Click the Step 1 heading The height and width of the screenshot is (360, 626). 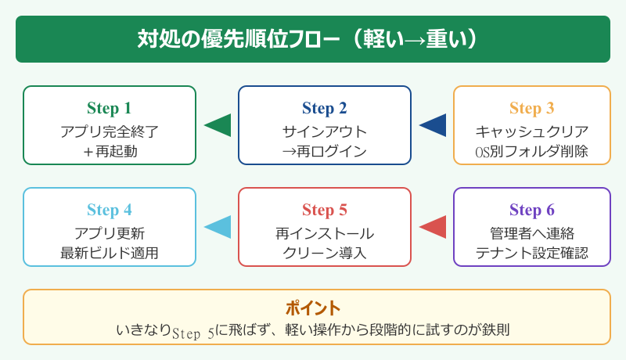point(110,108)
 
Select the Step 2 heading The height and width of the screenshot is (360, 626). point(325,108)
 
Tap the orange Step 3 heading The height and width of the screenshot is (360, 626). point(532,108)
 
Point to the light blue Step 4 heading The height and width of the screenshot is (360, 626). point(110,210)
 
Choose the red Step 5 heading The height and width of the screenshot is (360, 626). point(325,210)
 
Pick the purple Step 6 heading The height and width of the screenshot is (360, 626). point(532,210)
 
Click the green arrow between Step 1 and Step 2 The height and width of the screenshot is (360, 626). point(218,125)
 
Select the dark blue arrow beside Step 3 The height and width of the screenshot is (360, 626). point(434,125)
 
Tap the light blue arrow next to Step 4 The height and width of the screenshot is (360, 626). point(218,227)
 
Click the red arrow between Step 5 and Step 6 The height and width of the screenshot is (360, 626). point(434,227)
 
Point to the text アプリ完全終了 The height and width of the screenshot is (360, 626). point(110,131)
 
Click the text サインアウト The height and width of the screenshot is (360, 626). point(325,131)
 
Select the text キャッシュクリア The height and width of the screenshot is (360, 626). point(532,131)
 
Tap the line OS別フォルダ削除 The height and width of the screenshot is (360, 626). point(532,151)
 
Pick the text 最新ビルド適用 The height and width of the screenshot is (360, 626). point(110,253)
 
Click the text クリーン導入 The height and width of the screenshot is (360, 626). point(325,253)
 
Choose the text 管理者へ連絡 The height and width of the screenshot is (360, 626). point(532,232)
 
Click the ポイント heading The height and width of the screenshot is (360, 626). point(313,308)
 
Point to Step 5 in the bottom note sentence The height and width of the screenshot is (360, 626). point(193,332)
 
